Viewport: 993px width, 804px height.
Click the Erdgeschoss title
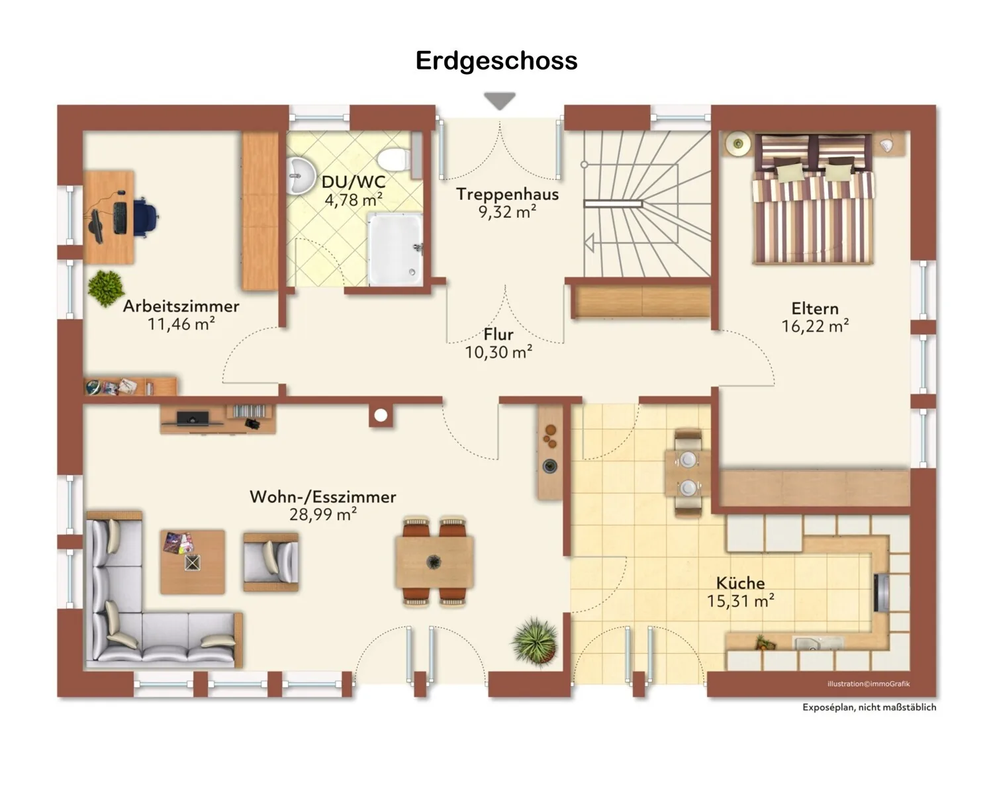tap(496, 61)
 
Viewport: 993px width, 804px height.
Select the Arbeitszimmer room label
tap(181, 306)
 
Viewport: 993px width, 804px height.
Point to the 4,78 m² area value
tap(354, 200)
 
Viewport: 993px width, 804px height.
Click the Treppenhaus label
tap(507, 194)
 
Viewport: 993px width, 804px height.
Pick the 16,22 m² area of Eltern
tap(815, 326)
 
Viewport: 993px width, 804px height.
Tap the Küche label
tap(740, 582)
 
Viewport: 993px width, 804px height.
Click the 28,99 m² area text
tap(323, 515)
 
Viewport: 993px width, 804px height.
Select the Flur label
tap(498, 334)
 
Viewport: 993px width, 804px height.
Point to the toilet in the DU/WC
tap(394, 160)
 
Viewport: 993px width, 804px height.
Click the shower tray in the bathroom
tap(395, 249)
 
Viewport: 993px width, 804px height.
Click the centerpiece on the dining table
tap(434, 562)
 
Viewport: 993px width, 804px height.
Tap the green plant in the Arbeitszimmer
tap(106, 288)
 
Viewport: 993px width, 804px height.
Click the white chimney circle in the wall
tap(381, 416)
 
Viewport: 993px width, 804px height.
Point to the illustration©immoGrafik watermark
tap(869, 684)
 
